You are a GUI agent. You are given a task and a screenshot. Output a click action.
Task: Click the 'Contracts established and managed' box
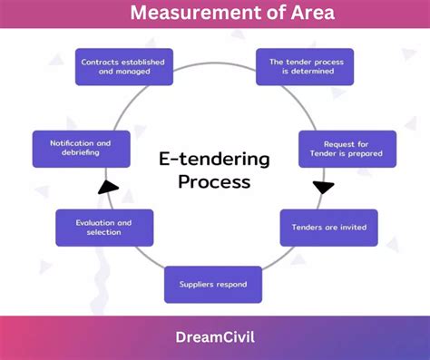(x=124, y=67)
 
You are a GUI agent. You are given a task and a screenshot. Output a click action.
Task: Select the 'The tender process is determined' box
(x=304, y=67)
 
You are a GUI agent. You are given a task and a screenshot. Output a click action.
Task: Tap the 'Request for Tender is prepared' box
(x=335, y=149)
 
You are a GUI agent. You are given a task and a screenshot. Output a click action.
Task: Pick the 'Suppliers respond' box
(x=213, y=285)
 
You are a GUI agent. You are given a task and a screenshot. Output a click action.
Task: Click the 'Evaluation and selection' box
(x=104, y=228)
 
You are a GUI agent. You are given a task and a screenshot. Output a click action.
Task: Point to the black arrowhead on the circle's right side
(x=323, y=188)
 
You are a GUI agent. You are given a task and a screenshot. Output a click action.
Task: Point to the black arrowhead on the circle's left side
(x=108, y=188)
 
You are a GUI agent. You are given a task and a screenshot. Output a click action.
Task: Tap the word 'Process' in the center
(x=214, y=181)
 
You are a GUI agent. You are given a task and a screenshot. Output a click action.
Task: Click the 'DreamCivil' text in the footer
(x=214, y=337)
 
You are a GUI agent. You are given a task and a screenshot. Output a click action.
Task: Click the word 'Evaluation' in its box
(x=93, y=222)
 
